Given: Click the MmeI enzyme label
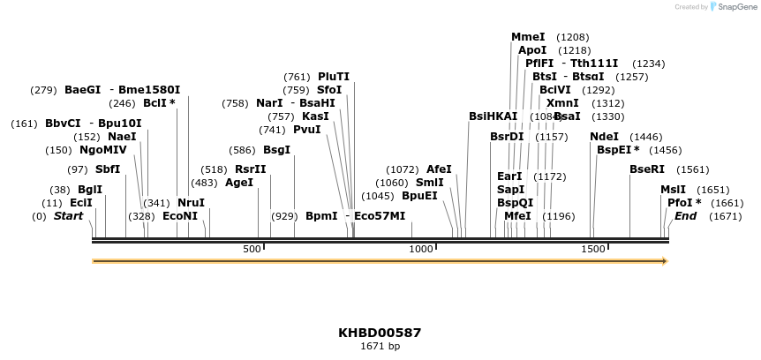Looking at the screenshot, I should pyautogui.click(x=528, y=37).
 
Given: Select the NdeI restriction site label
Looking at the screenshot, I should pyautogui.click(x=604, y=137).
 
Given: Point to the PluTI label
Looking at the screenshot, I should pyautogui.click(x=334, y=77).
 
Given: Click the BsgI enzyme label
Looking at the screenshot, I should pyautogui.click(x=276, y=150).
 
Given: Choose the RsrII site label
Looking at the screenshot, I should pyautogui.click(x=250, y=169).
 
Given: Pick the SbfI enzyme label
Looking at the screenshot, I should pyautogui.click(x=108, y=169).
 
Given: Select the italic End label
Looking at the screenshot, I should pyautogui.click(x=686, y=216).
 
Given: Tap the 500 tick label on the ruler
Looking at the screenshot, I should pyautogui.click(x=252, y=250).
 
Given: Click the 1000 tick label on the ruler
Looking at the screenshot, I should pyautogui.click(x=421, y=250).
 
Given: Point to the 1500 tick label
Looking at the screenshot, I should pyautogui.click(x=591, y=250).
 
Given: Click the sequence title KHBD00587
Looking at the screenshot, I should pyautogui.click(x=380, y=333).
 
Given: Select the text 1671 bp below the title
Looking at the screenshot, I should pyautogui.click(x=380, y=347).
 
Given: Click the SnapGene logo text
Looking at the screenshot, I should pyautogui.click(x=735, y=7).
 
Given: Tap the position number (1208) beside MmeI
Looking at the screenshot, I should pyautogui.click(x=573, y=37).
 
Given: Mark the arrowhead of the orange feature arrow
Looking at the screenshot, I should pyautogui.click(x=665, y=261).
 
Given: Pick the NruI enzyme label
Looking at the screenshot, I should pyautogui.click(x=191, y=203).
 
